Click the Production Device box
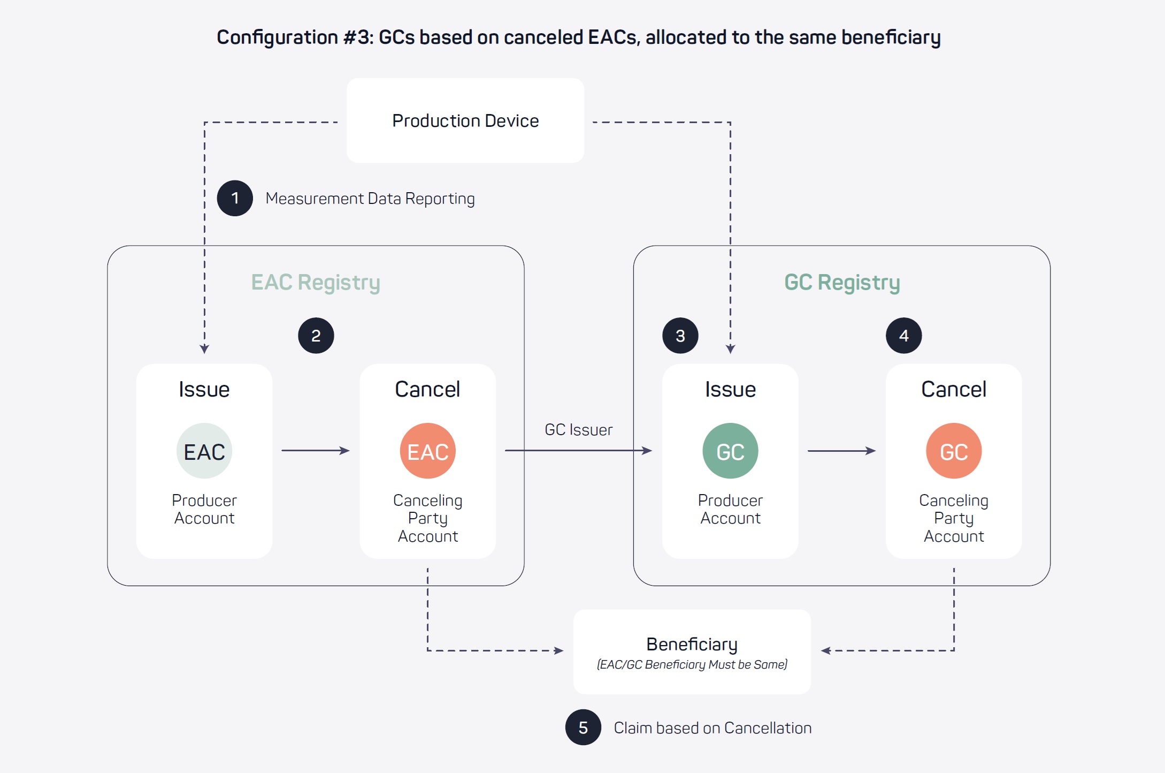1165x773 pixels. point(465,120)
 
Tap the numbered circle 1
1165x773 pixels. point(235,198)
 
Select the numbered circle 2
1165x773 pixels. point(316,336)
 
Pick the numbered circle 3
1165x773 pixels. point(680,336)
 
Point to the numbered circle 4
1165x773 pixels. point(904,336)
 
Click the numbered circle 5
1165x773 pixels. point(583,727)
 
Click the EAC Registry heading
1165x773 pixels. point(316,282)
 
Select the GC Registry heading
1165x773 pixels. point(842,282)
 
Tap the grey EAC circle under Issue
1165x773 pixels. point(204,451)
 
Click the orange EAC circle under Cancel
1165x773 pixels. point(428,451)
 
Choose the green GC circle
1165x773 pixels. point(730,451)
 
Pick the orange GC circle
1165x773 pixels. point(954,451)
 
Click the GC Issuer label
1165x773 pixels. point(578,430)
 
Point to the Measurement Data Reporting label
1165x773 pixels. point(370,199)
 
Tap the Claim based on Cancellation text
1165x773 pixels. point(712,728)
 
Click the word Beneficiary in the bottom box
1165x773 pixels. point(692,644)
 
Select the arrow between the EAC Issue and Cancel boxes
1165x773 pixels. point(316,451)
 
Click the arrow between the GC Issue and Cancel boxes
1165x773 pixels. point(841,451)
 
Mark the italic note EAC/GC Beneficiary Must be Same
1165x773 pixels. point(692,665)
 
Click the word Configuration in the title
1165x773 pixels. point(277,37)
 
